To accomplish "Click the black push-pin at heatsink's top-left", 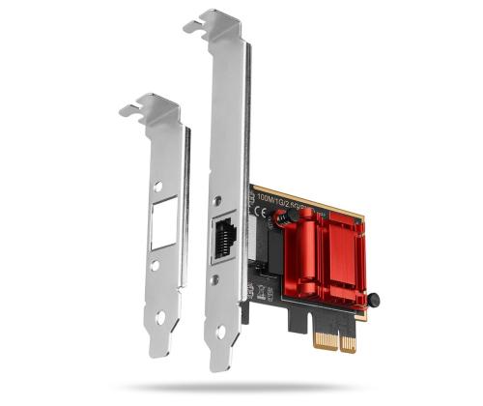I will coord(282,217).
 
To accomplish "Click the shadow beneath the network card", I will coord(290,387).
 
